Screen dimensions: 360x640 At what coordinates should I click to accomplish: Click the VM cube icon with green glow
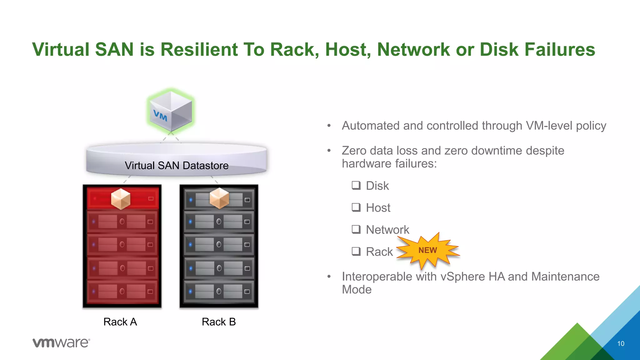coord(171,111)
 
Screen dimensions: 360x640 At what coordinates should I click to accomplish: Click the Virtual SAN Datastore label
coord(177,165)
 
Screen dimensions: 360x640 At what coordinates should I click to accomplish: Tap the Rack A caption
coord(120,322)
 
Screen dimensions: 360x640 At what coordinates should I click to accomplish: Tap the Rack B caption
coord(219,322)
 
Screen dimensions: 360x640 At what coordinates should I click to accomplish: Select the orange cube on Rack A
coord(121,199)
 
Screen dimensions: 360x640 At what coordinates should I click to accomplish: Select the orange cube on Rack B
coord(219,198)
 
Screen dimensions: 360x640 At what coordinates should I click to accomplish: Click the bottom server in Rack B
coord(219,291)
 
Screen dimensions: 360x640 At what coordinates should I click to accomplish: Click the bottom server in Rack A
coord(122,291)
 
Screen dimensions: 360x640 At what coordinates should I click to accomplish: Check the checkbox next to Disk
coord(356,185)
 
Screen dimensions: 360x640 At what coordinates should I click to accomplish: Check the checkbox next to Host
coord(356,207)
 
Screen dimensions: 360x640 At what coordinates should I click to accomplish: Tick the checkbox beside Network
coord(356,229)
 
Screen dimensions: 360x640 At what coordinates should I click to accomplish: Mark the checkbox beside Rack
coord(356,251)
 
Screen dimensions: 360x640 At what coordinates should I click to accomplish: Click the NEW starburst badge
coord(428,251)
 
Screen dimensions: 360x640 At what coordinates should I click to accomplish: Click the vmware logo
coord(61,343)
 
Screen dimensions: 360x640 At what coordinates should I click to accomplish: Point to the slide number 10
coord(621,343)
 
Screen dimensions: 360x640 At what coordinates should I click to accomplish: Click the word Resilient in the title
coord(199,50)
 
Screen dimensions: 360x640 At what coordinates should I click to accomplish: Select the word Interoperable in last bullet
coord(377,277)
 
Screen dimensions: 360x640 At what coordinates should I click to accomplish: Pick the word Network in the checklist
coord(387,230)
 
